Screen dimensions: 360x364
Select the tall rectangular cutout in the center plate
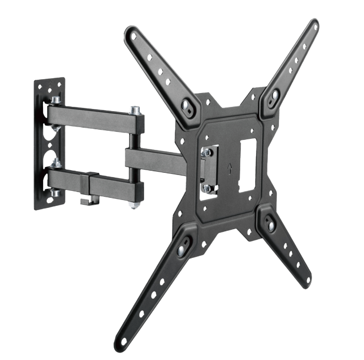point(247,166)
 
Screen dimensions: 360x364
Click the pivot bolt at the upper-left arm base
point(187,105)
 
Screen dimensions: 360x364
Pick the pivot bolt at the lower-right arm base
point(270,226)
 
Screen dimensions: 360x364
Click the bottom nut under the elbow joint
point(136,204)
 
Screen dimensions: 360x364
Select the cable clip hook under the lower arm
point(87,200)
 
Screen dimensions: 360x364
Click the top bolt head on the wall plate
point(56,100)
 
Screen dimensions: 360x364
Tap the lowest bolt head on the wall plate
point(55,193)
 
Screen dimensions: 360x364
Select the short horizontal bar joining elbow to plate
point(154,160)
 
